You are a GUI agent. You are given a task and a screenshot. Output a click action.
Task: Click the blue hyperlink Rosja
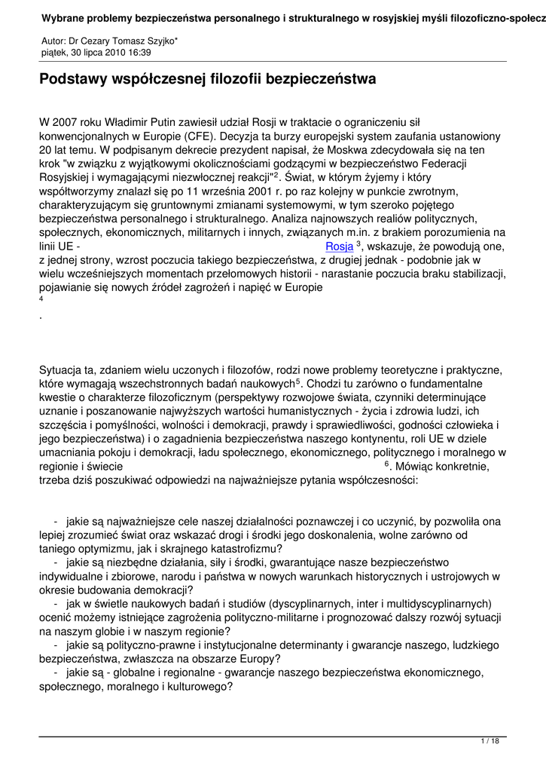[339, 246]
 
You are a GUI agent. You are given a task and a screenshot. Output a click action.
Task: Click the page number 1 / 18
[490, 742]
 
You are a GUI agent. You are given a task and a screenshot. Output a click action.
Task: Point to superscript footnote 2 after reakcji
[276, 175]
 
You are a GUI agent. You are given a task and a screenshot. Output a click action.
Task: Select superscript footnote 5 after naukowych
[299, 382]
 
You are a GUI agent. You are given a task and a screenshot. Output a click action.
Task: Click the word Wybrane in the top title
[66, 17]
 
